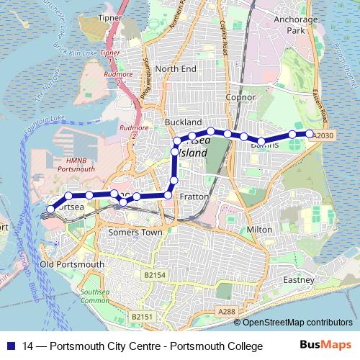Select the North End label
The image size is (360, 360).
click(x=175, y=68)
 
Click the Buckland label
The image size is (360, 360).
click(x=183, y=122)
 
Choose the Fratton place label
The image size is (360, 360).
click(x=195, y=197)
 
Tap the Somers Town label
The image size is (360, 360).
click(x=130, y=233)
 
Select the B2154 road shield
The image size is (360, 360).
click(x=154, y=275)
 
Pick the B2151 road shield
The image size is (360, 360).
click(x=143, y=316)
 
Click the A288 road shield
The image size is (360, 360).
click(x=226, y=311)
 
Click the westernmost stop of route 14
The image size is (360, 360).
click(x=49, y=210)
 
